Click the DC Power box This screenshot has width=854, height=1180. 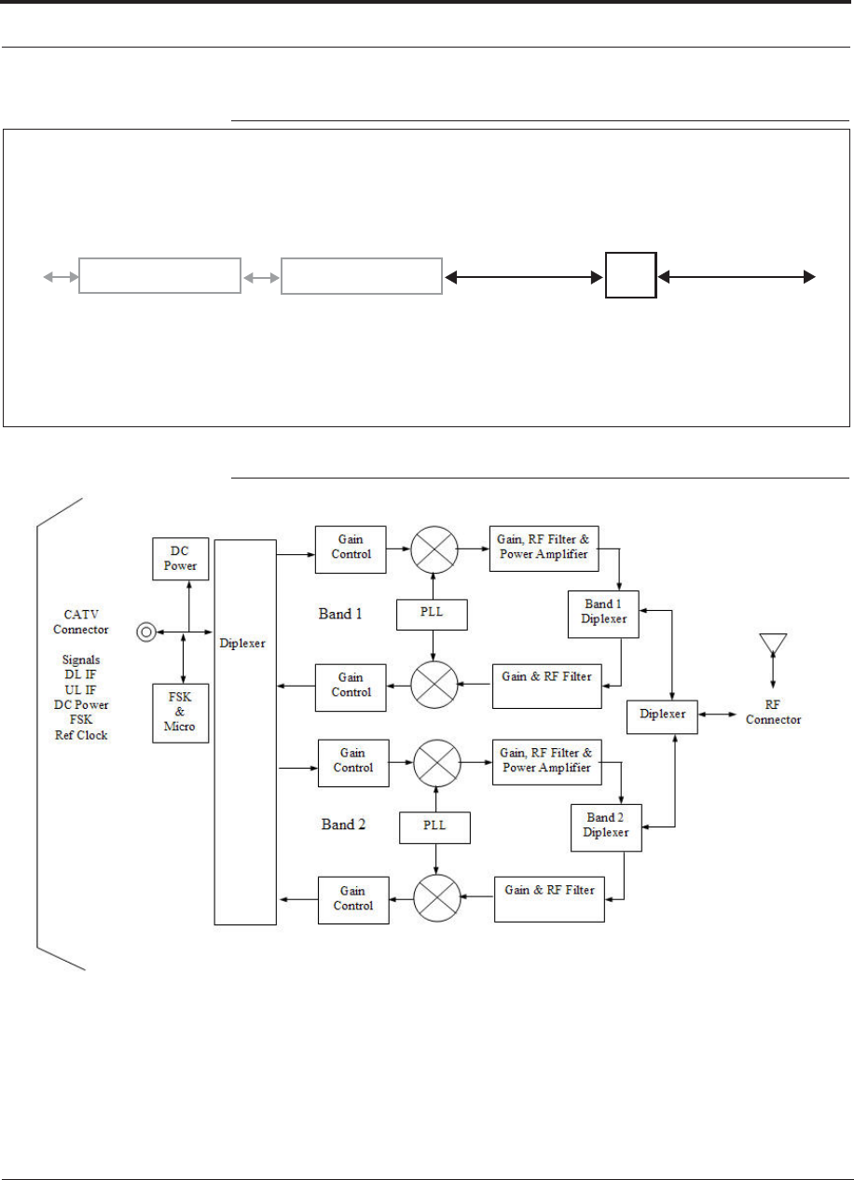(x=181, y=559)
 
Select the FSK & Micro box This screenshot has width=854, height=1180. (x=181, y=714)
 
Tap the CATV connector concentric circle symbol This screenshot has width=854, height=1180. (x=146, y=632)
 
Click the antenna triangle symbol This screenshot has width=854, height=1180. (x=773, y=643)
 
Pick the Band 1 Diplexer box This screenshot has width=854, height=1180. (x=603, y=614)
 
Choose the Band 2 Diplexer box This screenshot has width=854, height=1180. (x=606, y=827)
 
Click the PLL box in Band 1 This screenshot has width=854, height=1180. (x=432, y=615)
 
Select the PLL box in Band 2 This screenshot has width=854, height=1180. (x=434, y=828)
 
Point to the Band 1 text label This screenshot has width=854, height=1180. (x=340, y=614)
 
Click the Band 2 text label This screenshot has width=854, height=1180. (x=343, y=825)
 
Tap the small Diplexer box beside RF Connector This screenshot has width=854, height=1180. (x=662, y=717)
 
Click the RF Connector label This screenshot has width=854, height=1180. (x=773, y=713)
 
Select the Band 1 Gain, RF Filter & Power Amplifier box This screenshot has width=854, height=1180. (x=544, y=548)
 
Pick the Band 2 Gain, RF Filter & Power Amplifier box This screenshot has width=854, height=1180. (x=547, y=762)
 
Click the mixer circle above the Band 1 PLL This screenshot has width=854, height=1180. (x=434, y=549)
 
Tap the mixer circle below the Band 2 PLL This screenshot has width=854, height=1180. (x=437, y=898)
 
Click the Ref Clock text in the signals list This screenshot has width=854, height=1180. (x=81, y=735)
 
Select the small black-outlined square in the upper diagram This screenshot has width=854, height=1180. (x=631, y=275)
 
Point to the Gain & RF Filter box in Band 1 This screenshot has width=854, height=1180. (x=547, y=687)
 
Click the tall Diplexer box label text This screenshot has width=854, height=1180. (x=242, y=644)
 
